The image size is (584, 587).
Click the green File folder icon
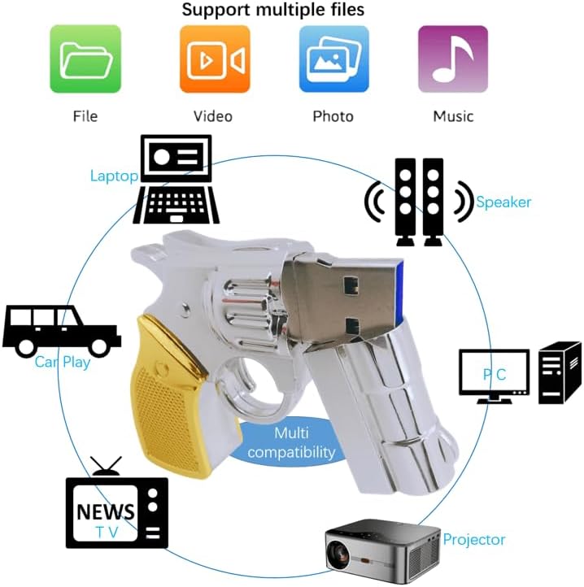tap(85, 59)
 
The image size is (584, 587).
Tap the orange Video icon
tap(214, 59)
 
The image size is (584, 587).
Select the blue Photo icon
tap(333, 59)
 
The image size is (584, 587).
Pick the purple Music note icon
tap(453, 59)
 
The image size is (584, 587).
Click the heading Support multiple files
tap(273, 11)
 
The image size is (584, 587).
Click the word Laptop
tap(114, 176)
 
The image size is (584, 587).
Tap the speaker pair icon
tap(419, 202)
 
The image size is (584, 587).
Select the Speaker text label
tap(503, 202)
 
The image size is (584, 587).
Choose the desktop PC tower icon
tap(560, 372)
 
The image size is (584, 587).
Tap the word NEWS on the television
tap(106, 512)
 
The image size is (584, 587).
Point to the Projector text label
tap(474, 540)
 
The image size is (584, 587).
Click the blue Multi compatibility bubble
tap(291, 443)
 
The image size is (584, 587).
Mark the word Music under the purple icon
tap(453, 116)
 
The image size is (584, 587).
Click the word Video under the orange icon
tap(213, 116)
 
